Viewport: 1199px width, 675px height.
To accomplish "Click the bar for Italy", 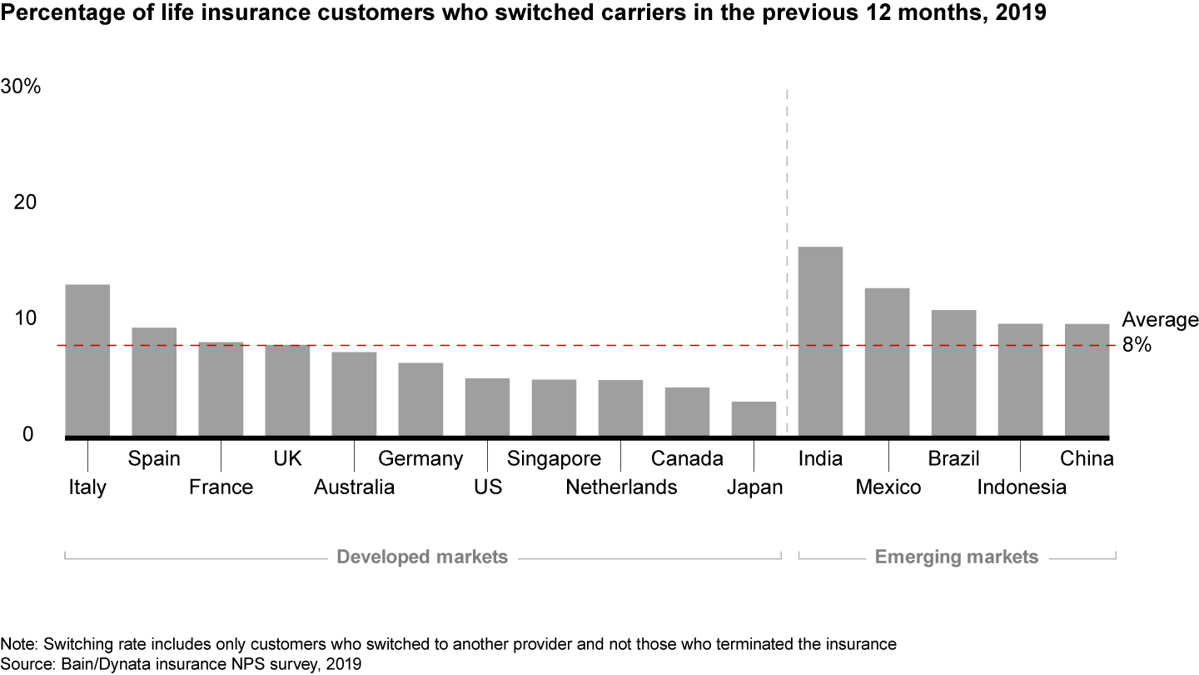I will tap(87, 360).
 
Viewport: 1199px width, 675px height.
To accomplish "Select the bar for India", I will tap(820, 341).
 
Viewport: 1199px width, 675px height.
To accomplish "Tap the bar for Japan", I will tap(754, 418).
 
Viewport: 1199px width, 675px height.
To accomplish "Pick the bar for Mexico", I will tap(887, 362).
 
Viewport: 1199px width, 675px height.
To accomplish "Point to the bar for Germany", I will tap(420, 399).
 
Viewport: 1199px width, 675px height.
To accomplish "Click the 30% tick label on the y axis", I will tap(21, 86).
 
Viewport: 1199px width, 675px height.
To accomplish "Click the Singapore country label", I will tap(554, 458).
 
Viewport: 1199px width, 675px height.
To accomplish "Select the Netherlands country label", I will tap(621, 487).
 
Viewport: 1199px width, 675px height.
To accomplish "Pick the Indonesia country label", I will tap(1021, 487).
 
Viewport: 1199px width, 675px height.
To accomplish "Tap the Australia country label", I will tap(354, 487).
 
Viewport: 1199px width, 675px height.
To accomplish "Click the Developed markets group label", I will tap(421, 557).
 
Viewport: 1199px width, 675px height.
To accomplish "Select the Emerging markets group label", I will tap(957, 557).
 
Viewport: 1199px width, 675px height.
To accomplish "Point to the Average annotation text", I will tap(1160, 321).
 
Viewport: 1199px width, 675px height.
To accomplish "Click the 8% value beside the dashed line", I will tap(1137, 345).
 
